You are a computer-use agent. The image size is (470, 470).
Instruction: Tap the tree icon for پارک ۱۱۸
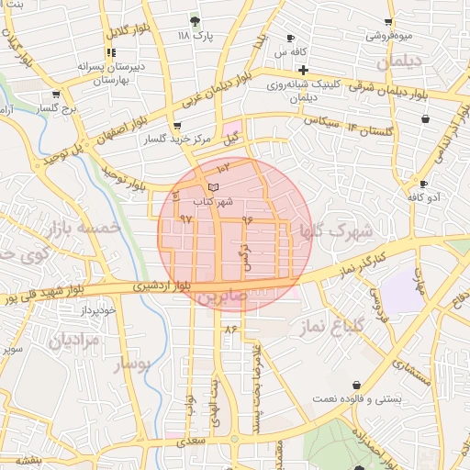point(195,20)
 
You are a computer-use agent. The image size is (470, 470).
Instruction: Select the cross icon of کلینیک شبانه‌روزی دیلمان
point(303,70)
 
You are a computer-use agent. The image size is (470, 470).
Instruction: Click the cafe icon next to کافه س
point(291,38)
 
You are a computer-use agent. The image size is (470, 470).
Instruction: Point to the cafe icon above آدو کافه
point(422,183)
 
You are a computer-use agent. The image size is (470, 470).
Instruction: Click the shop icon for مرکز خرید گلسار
point(177,126)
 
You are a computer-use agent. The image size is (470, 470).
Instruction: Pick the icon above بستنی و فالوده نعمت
point(356,386)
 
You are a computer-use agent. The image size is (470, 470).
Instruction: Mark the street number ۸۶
point(229,329)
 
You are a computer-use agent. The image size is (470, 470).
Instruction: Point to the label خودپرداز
point(97,309)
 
